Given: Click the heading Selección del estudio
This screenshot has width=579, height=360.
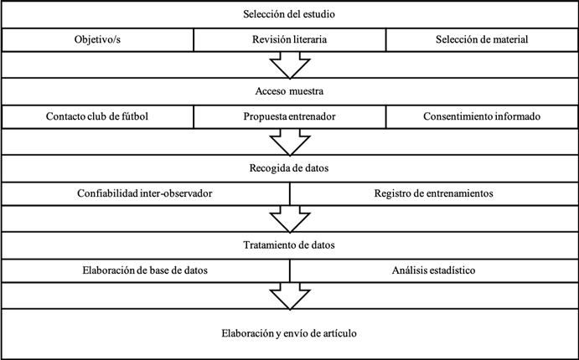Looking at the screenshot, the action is (289, 14).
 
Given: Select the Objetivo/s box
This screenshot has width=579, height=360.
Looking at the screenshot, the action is (97, 39).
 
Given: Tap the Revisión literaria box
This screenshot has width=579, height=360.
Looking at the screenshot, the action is (290, 39).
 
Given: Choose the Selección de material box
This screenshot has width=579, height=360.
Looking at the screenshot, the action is (482, 39).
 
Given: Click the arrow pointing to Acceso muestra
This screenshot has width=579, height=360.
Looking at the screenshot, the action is (290, 64).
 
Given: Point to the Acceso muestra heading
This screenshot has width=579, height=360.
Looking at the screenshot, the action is (289, 91).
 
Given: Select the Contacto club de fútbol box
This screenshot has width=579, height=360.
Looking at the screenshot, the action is (97, 116).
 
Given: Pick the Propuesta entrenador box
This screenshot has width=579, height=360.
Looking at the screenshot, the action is (290, 116).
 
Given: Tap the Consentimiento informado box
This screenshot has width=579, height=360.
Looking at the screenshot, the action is (482, 116).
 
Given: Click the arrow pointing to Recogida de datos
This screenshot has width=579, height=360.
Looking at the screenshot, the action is (290, 141).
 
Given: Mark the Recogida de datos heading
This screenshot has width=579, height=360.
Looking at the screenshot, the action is (289, 168).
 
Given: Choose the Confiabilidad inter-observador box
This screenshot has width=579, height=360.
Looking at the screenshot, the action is (146, 193).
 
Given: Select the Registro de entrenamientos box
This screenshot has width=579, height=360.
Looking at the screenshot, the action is (434, 193).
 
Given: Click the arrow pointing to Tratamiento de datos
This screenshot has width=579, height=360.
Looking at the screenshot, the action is (290, 219).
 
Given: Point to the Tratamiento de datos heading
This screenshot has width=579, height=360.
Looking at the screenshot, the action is (289, 245).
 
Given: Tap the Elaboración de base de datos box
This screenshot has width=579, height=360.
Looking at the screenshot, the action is (146, 270).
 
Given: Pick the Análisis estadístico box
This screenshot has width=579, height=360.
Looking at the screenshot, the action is (434, 270).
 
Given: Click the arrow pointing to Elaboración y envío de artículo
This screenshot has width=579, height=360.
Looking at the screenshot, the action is (290, 296).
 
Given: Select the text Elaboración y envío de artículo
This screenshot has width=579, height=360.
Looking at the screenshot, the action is (289, 333).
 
